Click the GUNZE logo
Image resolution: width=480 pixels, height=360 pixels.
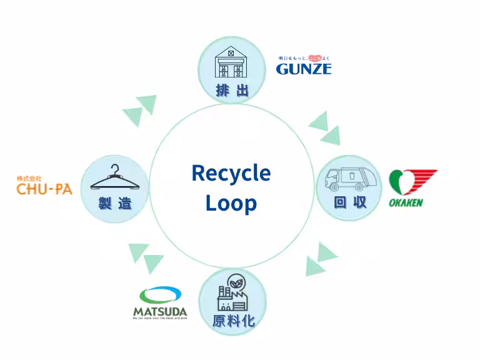point(304,68)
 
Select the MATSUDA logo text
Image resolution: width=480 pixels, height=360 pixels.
point(159,311)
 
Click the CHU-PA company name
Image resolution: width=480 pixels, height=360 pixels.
point(44,189)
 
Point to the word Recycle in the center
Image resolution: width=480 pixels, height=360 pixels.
point(231,172)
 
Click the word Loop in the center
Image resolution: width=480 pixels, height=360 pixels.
point(231,203)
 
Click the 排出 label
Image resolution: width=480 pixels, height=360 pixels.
point(232,91)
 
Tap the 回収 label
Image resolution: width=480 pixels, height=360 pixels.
point(350,202)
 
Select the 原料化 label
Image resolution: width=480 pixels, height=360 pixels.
point(232,322)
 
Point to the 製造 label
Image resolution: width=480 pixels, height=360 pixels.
point(114,203)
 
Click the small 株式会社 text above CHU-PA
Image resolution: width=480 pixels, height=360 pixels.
point(29,178)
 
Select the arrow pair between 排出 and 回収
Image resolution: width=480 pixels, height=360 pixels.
point(324,127)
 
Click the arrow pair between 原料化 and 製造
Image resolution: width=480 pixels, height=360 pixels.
point(145,258)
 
